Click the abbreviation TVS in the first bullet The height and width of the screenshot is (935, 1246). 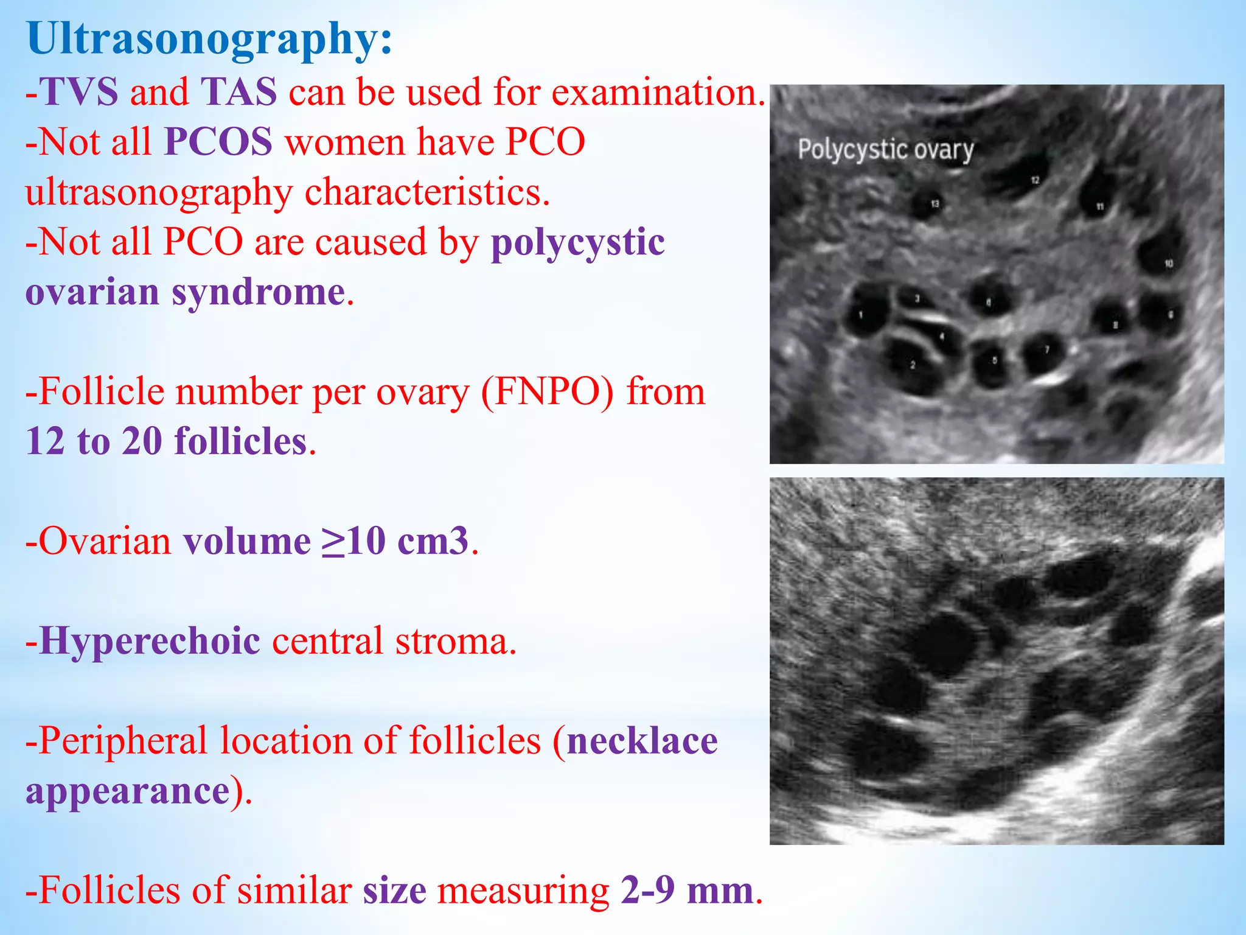(79, 93)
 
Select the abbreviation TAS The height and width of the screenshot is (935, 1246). (238, 93)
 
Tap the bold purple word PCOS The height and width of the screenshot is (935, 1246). (218, 142)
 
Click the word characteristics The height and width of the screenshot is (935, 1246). (427, 192)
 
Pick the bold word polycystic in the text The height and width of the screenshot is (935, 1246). (577, 242)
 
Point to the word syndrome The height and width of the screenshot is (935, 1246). (259, 292)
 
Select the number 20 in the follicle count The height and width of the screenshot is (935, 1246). (142, 441)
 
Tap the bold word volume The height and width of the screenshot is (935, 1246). (247, 541)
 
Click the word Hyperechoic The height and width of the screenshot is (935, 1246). (150, 641)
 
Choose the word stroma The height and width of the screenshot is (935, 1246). (451, 641)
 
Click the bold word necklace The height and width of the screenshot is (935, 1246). (642, 741)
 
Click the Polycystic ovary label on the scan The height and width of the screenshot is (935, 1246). (885, 150)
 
